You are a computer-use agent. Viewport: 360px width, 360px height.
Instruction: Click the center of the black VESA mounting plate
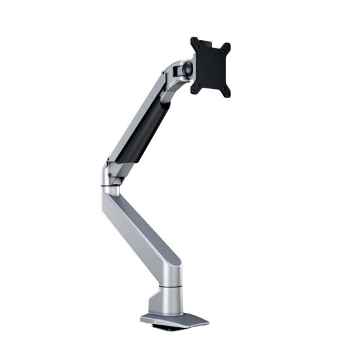click(x=210, y=67)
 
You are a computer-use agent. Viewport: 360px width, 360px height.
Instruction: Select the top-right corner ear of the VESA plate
click(x=227, y=47)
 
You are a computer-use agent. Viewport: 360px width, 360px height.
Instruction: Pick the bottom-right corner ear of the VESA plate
click(x=226, y=94)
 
